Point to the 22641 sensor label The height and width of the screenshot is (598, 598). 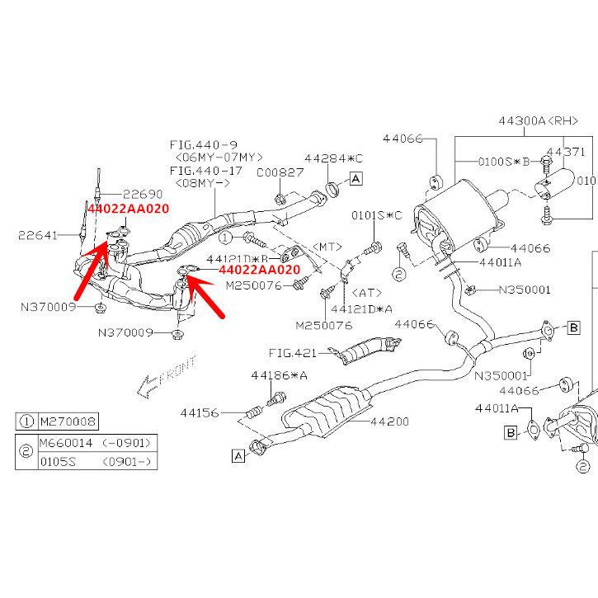coord(38,236)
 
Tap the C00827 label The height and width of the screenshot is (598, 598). coord(279,172)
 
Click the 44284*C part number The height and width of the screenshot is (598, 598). coord(333,157)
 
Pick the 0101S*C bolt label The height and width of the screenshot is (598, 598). coord(376,215)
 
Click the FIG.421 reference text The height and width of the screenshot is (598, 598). coord(293,352)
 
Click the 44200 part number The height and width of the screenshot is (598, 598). coord(389,421)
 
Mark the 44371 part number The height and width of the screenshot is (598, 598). coord(566,152)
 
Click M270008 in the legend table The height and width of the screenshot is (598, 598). coord(68,421)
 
